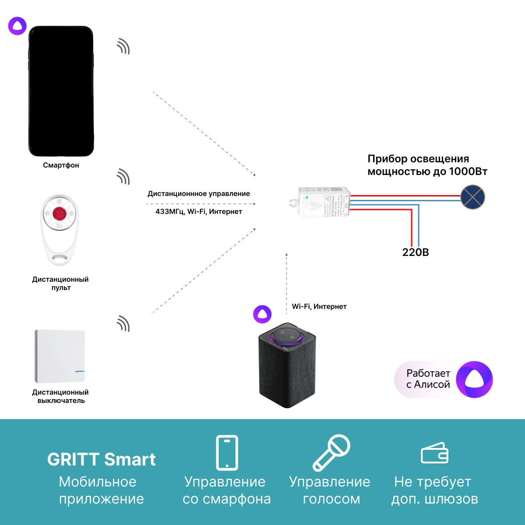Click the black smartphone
coord(61,91)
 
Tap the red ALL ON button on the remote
coord(59,214)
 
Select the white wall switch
coord(59,356)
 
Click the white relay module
coord(323,203)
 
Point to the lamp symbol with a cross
coord(472,197)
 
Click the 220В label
coord(416,252)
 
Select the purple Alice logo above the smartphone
coord(17,26)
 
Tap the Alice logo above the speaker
coord(262,314)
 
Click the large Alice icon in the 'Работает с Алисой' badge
coord(474,379)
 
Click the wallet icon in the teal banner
coord(434,453)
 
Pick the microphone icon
coord(331,453)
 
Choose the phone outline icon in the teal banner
coord(227,453)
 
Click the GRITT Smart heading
coord(101,459)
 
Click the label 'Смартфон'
coord(61,165)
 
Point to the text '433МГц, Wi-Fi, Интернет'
coord(199,212)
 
